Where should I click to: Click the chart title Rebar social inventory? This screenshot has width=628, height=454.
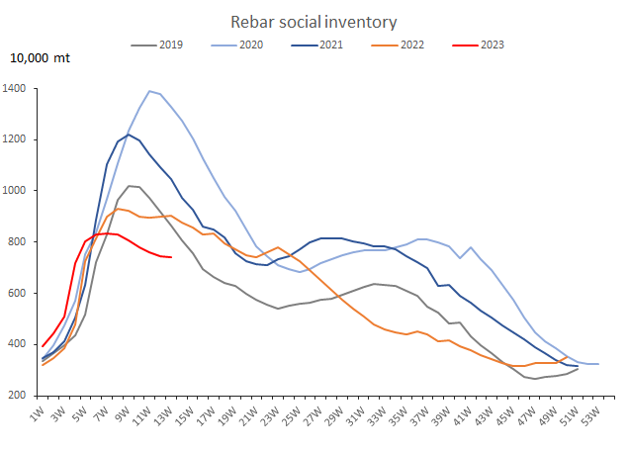tap(314, 21)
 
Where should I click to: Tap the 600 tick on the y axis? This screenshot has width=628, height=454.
tap(21, 293)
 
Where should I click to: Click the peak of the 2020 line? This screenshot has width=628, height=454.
tap(149, 91)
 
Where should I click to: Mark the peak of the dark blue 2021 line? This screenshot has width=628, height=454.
tap(129, 135)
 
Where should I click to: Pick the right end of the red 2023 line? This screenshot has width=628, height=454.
tap(171, 257)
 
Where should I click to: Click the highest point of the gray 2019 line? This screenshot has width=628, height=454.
tap(129, 186)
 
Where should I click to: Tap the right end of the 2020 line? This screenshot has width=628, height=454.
tap(598, 364)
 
